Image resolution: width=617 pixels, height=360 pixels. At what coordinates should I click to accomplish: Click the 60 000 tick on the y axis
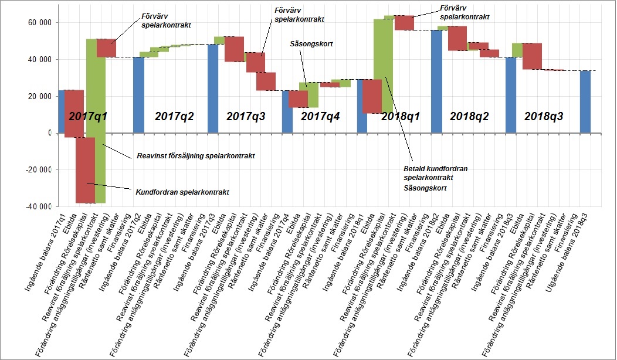(39, 23)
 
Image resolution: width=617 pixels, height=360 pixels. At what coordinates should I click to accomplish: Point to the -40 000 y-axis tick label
(38, 206)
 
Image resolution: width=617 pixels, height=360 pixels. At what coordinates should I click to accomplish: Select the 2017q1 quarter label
(87, 116)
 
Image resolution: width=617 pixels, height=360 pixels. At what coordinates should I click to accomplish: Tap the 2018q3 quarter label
(544, 116)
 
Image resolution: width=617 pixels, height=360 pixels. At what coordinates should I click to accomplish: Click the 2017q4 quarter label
(320, 116)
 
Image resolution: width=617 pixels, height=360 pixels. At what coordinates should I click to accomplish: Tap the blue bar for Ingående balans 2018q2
(437, 82)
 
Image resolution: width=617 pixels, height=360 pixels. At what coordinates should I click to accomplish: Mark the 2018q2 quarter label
(470, 116)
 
